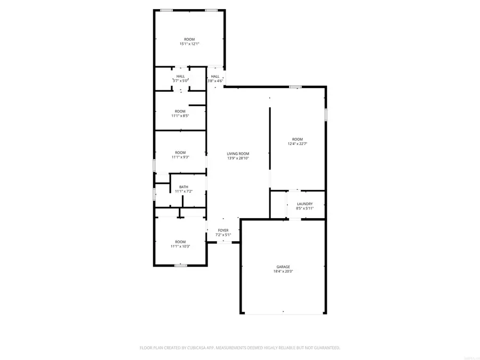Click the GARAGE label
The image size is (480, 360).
tap(283, 267)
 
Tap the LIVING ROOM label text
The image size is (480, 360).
tap(238, 154)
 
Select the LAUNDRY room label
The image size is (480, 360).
tap(305, 204)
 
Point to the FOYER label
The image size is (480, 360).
tap(223, 230)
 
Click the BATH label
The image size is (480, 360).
tap(183, 187)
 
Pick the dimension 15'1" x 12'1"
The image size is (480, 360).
tap(189, 44)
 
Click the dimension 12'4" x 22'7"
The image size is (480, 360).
tap(297, 143)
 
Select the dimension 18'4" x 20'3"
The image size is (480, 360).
tap(283, 271)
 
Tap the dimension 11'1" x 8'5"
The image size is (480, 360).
tap(180, 115)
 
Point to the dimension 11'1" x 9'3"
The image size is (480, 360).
tap(180, 157)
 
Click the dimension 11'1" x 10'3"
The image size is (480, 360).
tap(180, 246)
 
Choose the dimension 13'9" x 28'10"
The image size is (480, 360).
tap(238, 158)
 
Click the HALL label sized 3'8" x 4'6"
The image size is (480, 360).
tap(215, 76)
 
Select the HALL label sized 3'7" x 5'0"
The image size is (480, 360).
tap(181, 76)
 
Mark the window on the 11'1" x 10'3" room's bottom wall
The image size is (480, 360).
tap(181, 265)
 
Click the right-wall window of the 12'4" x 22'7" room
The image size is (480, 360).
tap(326, 115)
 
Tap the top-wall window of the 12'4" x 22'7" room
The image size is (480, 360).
tap(295, 86)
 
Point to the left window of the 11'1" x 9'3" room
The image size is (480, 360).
tap(155, 165)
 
